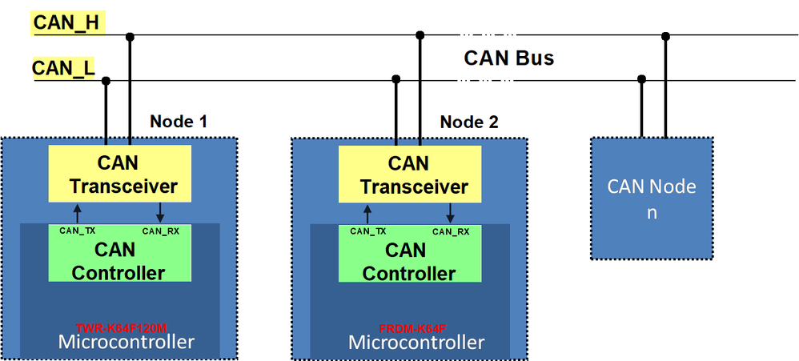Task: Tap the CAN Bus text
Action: point(508,58)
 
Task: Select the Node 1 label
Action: point(179,122)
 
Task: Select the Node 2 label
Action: point(469,122)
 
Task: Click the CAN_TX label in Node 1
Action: point(78,231)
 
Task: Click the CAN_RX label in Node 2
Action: point(451,231)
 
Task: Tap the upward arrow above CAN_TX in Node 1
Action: point(78,213)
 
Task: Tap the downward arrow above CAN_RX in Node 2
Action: point(451,213)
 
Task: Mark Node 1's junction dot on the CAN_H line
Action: point(130,35)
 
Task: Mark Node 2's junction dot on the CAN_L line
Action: point(395,79)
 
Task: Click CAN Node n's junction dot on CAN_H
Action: point(665,35)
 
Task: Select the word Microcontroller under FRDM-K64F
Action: point(416,343)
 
